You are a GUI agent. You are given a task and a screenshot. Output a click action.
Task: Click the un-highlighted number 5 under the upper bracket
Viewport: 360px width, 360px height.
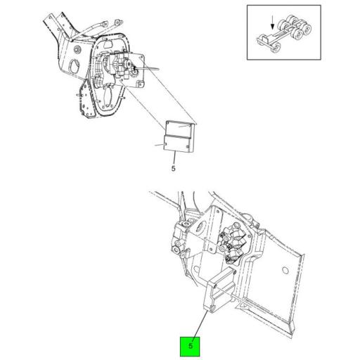pos(173,169)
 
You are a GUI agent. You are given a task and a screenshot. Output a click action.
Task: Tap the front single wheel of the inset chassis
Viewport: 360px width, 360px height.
pos(276,49)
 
